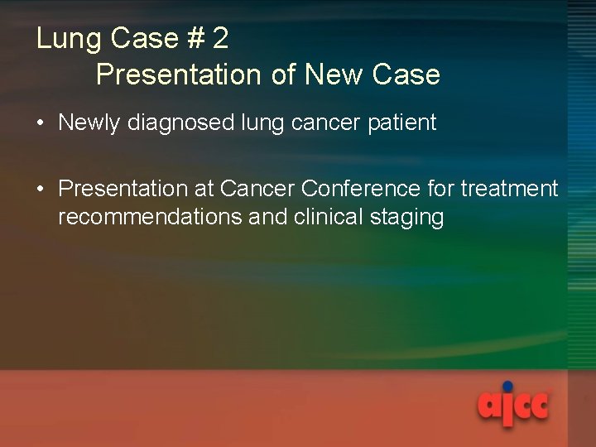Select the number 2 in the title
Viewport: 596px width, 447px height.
pos(220,39)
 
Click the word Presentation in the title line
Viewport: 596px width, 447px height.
pos(178,74)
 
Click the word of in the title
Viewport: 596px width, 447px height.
pos(283,74)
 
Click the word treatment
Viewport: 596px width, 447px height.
pos(509,190)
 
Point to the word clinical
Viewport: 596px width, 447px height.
pos(323,218)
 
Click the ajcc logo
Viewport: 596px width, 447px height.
pos(513,406)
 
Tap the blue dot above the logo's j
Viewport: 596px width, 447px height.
pos(507,386)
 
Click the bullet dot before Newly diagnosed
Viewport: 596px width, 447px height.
pos(41,124)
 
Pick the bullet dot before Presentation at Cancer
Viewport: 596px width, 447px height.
pos(41,190)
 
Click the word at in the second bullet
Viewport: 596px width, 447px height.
pos(204,190)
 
